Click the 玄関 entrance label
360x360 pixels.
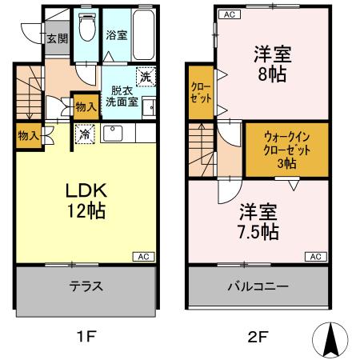(x=56, y=38)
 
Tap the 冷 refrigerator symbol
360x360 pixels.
(x=84, y=135)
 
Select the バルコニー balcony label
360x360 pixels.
(x=258, y=286)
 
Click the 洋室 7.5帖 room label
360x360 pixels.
(x=258, y=222)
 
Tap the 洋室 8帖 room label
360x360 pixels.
(x=273, y=65)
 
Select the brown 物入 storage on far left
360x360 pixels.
(x=28, y=135)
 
